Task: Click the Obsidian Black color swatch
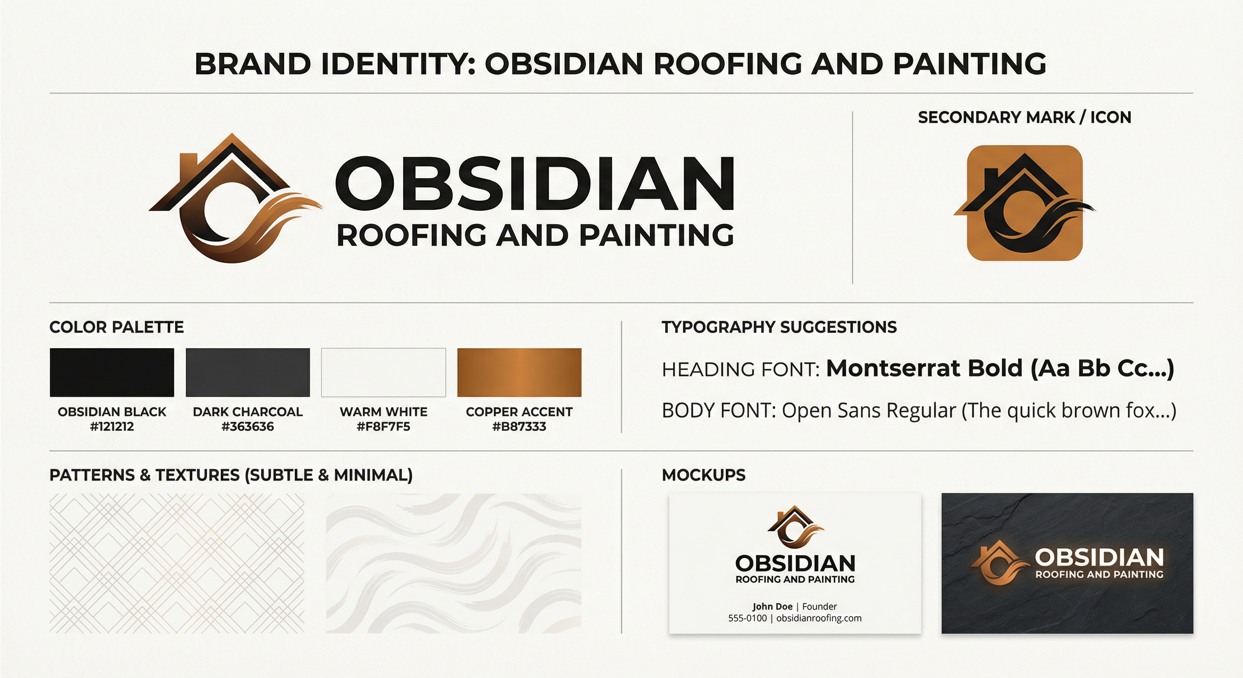(x=112, y=373)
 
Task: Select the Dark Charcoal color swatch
(x=248, y=373)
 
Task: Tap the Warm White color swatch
(x=384, y=373)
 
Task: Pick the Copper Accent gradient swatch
(x=519, y=373)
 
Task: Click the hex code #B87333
(x=519, y=426)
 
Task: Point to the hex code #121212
(x=112, y=426)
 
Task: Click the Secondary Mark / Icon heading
(x=1025, y=117)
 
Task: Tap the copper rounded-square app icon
(x=1025, y=203)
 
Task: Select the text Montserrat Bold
(x=924, y=368)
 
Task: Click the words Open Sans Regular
(x=869, y=411)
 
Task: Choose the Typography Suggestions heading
(x=779, y=327)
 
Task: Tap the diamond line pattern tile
(x=177, y=563)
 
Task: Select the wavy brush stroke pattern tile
(x=454, y=563)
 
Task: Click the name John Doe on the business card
(x=772, y=606)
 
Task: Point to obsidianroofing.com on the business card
(x=819, y=618)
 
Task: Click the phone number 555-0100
(x=747, y=618)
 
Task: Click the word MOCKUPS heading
(x=704, y=475)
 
